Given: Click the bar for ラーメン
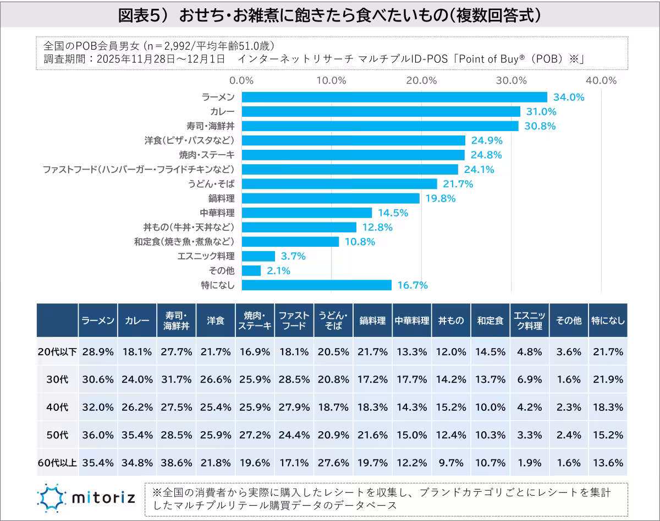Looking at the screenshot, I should (394, 97).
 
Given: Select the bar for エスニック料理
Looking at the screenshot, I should (258, 256).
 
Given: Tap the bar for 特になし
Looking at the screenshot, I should (317, 285).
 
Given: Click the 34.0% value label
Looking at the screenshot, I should (568, 97).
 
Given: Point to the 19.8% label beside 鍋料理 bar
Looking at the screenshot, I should (441, 198).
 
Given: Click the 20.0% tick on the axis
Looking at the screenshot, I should (421, 80).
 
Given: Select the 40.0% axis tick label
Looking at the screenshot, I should (601, 80).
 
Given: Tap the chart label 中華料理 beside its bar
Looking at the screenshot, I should (217, 213).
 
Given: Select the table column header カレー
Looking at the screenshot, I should (137, 320).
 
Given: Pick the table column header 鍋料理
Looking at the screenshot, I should (372, 320).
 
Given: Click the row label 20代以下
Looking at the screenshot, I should (57, 351).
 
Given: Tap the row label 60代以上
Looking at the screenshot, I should (57, 462).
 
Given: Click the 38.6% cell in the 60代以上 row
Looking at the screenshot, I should (176, 462).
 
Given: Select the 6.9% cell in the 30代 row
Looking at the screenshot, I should (530, 379).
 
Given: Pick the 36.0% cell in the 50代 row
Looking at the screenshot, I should (98, 434).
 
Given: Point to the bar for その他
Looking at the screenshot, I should (251, 270).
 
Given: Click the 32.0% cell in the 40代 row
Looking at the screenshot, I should (98, 407).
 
